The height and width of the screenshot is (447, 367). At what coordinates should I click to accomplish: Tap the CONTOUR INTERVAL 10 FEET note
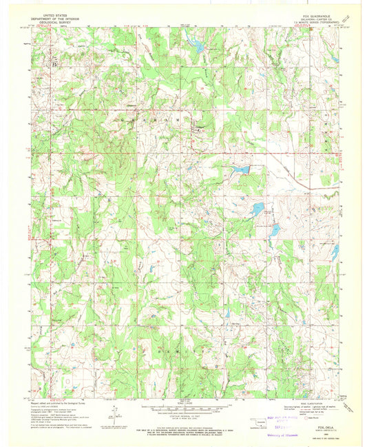click(183, 416)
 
